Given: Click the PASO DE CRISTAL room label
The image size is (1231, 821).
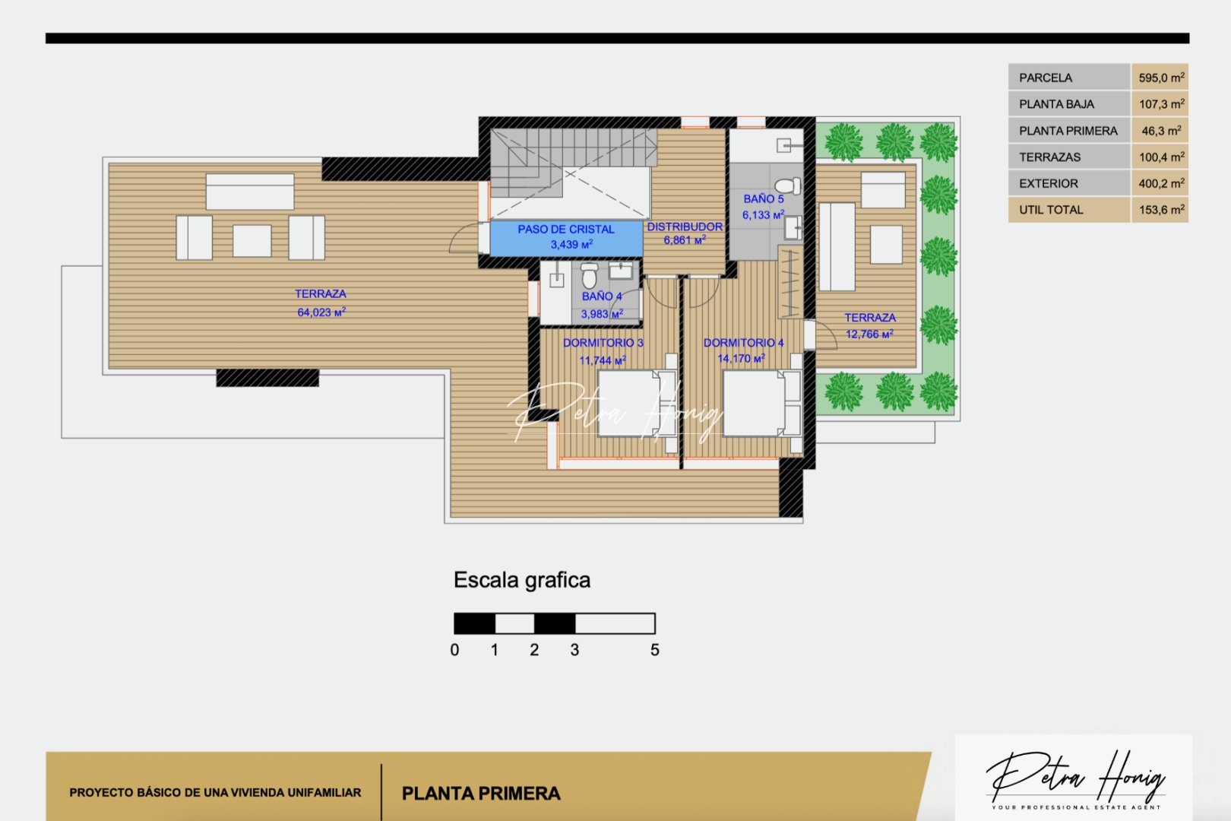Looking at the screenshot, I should (x=566, y=229).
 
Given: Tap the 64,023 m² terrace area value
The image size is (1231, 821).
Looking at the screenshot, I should (x=321, y=312).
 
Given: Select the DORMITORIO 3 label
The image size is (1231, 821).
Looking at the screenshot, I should (x=603, y=343).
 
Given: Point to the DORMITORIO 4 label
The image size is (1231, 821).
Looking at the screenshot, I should (x=743, y=343).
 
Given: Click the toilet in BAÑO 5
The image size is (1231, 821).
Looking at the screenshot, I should (x=787, y=185).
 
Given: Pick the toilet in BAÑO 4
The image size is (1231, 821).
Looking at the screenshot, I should (x=589, y=275).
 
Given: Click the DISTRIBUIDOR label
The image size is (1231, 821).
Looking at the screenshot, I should (x=685, y=227).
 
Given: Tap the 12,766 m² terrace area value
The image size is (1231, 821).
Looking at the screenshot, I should (x=869, y=334).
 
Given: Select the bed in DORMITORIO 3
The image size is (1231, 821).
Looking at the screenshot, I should (x=629, y=404).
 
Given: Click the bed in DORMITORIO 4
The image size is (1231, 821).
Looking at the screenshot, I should (x=755, y=404).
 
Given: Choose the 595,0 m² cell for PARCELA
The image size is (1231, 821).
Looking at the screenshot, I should (x=1160, y=78).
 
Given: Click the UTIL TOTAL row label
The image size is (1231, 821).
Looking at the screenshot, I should (x=1051, y=210).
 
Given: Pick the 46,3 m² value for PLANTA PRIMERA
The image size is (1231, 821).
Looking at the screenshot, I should (x=1160, y=131).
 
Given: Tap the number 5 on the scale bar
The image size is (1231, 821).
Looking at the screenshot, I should (x=654, y=651).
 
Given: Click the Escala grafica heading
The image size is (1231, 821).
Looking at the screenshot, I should (x=521, y=580).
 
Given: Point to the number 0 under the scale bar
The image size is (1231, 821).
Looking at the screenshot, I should (x=454, y=651).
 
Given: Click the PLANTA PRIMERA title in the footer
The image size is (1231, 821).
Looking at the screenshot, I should (x=481, y=794).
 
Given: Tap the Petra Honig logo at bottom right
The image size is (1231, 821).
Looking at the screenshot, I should (x=1074, y=777).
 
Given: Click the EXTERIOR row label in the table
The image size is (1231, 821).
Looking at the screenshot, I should (x=1048, y=183).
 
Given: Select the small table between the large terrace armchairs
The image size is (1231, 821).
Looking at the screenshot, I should (x=252, y=240).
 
